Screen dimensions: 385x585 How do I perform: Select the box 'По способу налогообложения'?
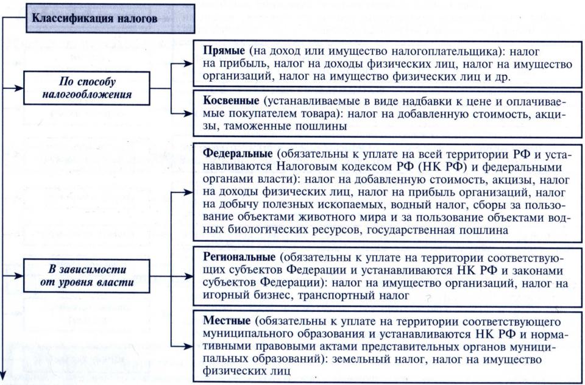[88, 88]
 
